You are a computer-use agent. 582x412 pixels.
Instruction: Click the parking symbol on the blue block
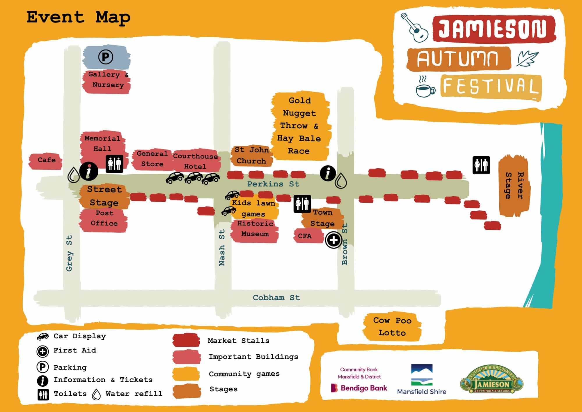click(x=105, y=57)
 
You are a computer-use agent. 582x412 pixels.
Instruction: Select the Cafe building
click(x=46, y=160)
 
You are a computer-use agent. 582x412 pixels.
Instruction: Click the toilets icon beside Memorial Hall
click(x=114, y=164)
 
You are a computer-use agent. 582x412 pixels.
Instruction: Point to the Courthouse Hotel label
click(x=195, y=161)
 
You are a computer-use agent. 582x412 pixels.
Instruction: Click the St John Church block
click(x=251, y=156)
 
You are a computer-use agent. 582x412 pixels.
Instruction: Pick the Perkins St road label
click(x=273, y=184)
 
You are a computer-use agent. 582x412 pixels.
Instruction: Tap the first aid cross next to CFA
click(x=333, y=240)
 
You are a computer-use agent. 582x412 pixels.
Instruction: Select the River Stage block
click(x=514, y=186)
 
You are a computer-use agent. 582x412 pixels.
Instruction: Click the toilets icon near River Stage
click(x=481, y=165)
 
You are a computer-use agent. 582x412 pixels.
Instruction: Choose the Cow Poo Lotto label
click(x=392, y=327)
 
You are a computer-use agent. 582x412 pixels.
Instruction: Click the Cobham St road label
click(x=276, y=298)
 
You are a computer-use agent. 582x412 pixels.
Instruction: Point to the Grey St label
click(x=69, y=253)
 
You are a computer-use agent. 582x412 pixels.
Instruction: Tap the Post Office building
click(x=104, y=219)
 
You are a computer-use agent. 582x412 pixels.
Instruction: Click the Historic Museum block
click(x=255, y=229)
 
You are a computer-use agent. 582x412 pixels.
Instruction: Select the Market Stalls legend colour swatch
click(x=186, y=340)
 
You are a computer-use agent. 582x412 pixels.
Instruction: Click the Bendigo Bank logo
click(x=359, y=388)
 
